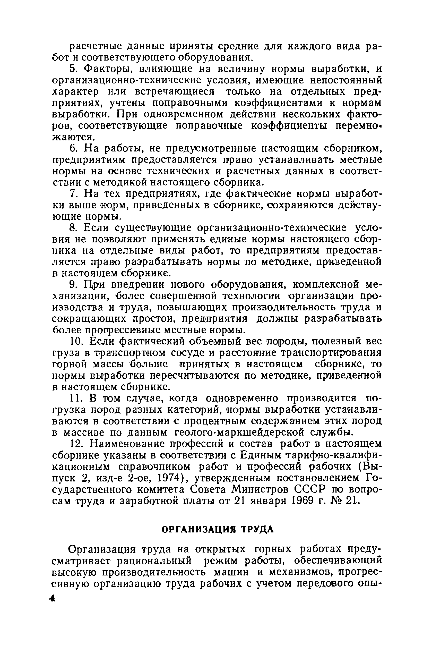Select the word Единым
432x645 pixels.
[x=260, y=455]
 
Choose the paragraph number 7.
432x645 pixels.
[x=73, y=194]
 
